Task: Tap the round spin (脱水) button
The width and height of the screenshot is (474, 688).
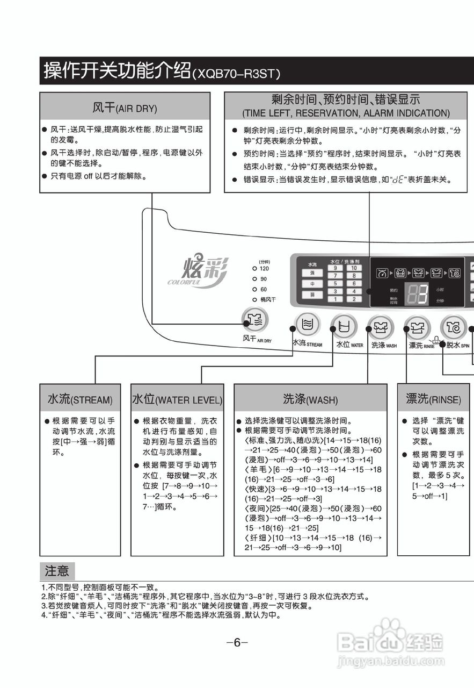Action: (454, 326)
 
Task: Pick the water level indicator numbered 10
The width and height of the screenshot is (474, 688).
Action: (354, 268)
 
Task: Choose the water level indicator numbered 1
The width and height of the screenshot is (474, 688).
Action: (336, 299)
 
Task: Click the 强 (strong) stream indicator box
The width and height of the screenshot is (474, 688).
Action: (312, 273)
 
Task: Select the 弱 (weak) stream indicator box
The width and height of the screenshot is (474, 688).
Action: (312, 295)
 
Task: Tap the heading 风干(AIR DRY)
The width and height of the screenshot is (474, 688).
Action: (125, 107)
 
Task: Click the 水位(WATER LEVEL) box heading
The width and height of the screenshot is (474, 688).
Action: (177, 399)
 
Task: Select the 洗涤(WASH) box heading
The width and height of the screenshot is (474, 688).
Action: (310, 399)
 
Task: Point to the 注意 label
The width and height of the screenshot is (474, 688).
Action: (57, 570)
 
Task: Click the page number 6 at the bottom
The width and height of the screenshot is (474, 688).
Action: (237, 642)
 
